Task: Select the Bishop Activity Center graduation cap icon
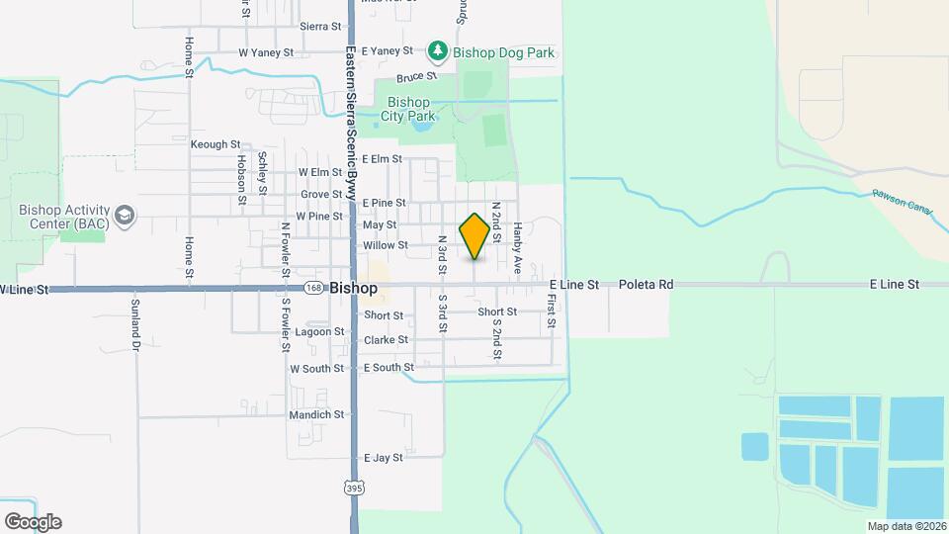[x=125, y=215]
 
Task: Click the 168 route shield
[x=313, y=288]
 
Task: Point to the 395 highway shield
[x=354, y=488]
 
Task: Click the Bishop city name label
[x=353, y=288]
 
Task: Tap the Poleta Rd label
[x=646, y=285]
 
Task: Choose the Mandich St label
[x=316, y=414]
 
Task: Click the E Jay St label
[x=383, y=458]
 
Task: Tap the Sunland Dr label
[x=135, y=325]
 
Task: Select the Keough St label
[x=210, y=144]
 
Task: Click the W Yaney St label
[x=266, y=51]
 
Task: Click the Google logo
[x=33, y=522]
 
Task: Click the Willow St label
[x=386, y=245]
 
